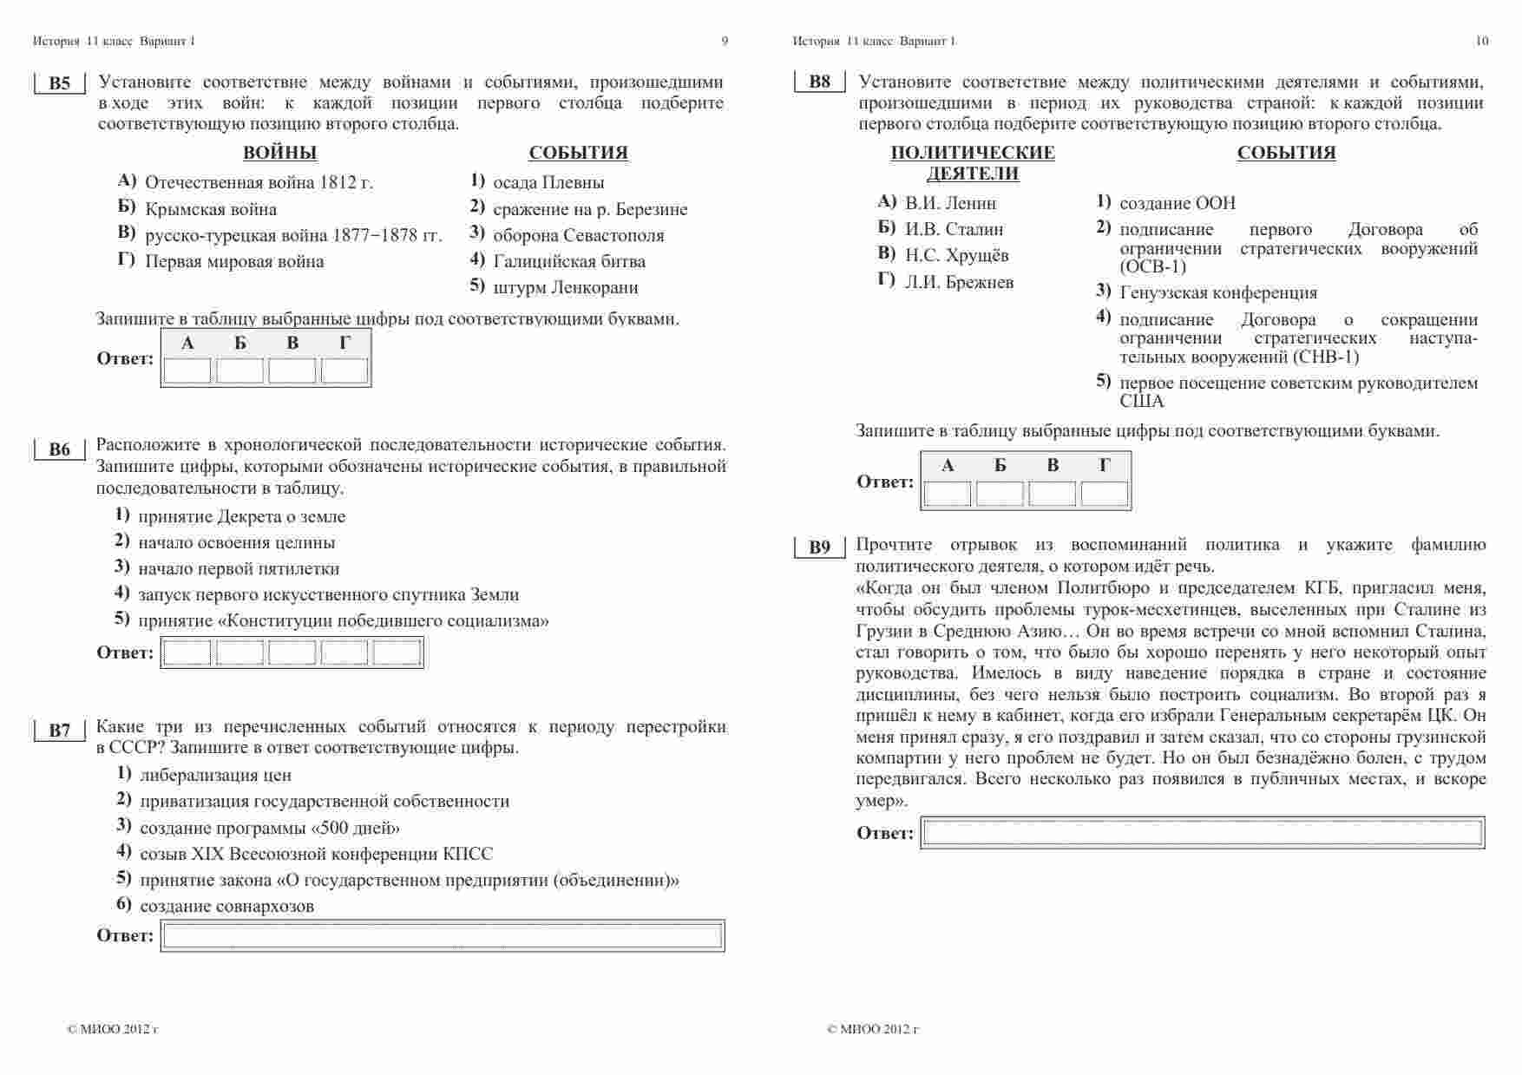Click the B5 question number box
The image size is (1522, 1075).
(x=59, y=83)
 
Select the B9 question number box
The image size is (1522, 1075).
(x=819, y=547)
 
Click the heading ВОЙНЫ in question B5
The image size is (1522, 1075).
(x=279, y=154)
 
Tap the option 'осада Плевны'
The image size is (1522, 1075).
(x=548, y=183)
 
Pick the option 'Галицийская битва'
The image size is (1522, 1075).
(x=568, y=261)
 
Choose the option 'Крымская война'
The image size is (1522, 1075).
(x=211, y=209)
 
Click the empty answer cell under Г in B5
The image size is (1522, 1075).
(x=344, y=371)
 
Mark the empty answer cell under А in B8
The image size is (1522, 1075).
(x=947, y=494)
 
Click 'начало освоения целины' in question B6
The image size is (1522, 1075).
(x=236, y=543)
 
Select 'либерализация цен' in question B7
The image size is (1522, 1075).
(x=215, y=776)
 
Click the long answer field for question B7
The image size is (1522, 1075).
(x=443, y=936)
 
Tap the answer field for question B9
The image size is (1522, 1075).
(x=1202, y=833)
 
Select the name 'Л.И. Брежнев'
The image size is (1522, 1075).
(x=959, y=283)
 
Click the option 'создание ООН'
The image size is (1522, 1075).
(x=1178, y=204)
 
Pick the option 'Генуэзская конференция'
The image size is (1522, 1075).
(x=1218, y=293)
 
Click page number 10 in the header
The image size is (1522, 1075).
(x=1481, y=41)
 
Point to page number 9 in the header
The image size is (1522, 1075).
(x=725, y=41)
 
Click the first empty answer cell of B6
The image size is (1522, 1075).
(x=187, y=653)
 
